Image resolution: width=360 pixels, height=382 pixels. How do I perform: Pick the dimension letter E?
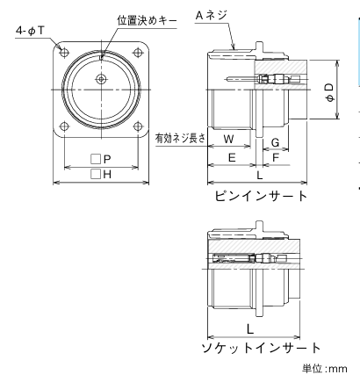(x=231, y=158)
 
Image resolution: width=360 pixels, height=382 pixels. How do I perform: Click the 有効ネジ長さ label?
(x=179, y=138)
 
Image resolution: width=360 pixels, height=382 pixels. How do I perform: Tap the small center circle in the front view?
(x=102, y=80)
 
